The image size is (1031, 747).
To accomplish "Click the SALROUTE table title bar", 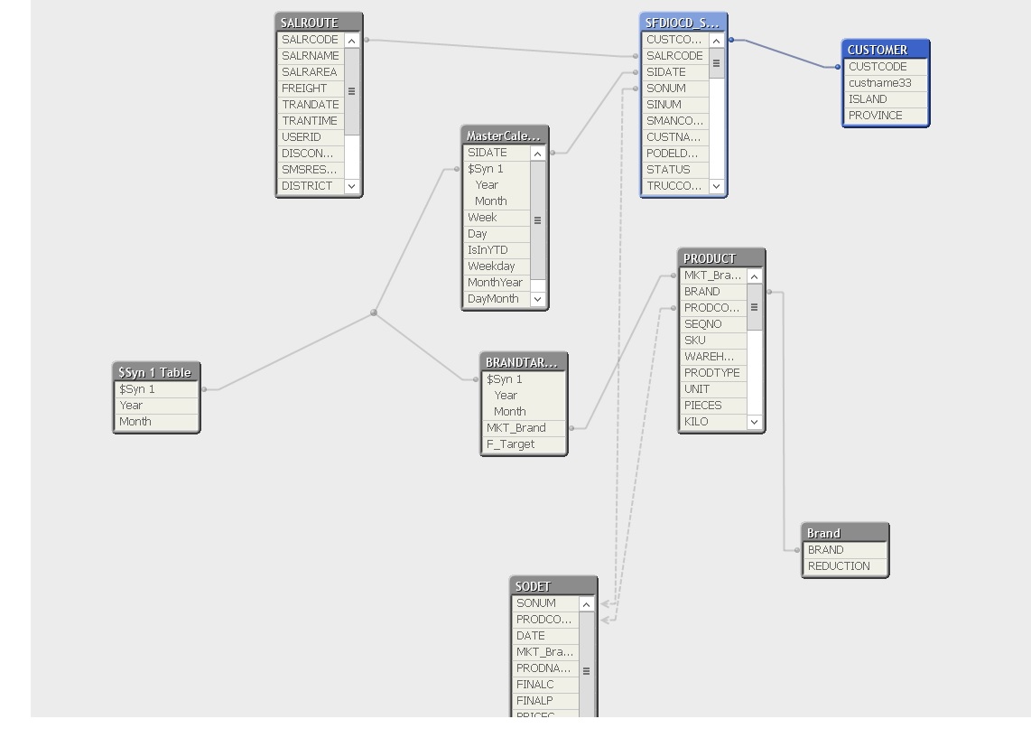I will pos(318,23).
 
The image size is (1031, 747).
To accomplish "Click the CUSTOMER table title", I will pos(885,50).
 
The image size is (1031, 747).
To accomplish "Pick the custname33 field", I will pos(879,83).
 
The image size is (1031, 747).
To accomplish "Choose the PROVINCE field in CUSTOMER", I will pos(875,116).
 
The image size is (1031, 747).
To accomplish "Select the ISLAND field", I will pos(868,99).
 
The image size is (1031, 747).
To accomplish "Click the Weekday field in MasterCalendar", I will pos(492,266).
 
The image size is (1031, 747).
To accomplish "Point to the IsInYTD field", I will pos(488,250).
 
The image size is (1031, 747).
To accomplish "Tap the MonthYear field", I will pos(495,283).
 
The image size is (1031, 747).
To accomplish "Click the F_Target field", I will pos(511,444).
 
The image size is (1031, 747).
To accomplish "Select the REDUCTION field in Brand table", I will pos(839,566).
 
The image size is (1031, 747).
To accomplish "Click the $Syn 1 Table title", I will pos(155,372).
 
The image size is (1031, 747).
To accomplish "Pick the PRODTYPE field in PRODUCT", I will pos(711,373).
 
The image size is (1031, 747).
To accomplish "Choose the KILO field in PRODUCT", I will pos(696,422).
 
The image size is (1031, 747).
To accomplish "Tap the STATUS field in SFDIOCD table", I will pos(668,170).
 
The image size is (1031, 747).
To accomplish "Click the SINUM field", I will pos(664,105).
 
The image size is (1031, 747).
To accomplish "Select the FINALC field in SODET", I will pos(535,685).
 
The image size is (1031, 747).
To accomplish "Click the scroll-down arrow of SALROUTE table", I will pos(352,186).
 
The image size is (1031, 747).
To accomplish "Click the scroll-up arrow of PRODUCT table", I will pos(755,276).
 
